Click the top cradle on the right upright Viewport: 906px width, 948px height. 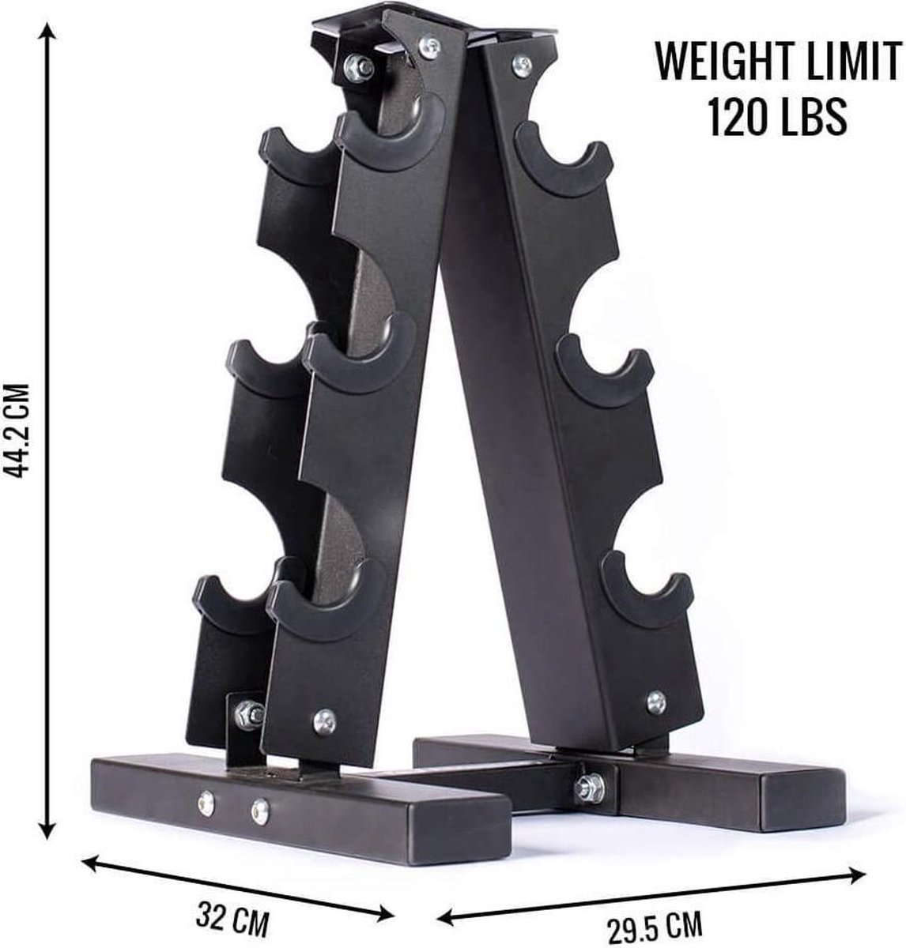(x=564, y=151)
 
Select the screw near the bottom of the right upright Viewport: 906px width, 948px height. (x=655, y=700)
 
